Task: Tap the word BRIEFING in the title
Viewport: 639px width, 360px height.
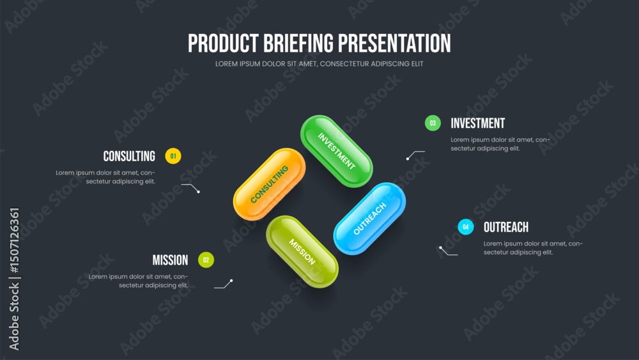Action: click(x=298, y=43)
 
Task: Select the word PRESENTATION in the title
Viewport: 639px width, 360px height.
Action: click(x=394, y=43)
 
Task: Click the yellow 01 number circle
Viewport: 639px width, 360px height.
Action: click(x=173, y=156)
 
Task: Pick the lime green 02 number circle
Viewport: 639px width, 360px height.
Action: click(x=206, y=260)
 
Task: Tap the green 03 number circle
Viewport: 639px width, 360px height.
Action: click(x=433, y=123)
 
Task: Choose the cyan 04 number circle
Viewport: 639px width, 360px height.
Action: click(x=466, y=227)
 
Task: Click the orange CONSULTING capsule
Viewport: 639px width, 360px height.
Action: click(x=270, y=184)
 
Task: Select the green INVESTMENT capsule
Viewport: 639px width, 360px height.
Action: click(x=337, y=152)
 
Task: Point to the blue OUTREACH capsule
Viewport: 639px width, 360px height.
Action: click(x=369, y=219)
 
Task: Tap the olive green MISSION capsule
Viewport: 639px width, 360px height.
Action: click(x=302, y=251)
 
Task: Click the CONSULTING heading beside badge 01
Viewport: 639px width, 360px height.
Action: click(x=129, y=156)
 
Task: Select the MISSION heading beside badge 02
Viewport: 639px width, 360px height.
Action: click(x=171, y=260)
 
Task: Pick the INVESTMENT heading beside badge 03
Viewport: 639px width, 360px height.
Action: click(x=477, y=123)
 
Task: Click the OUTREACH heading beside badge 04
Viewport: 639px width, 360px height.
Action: click(x=506, y=227)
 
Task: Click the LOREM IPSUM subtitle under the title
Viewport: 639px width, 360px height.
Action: click(x=319, y=64)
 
